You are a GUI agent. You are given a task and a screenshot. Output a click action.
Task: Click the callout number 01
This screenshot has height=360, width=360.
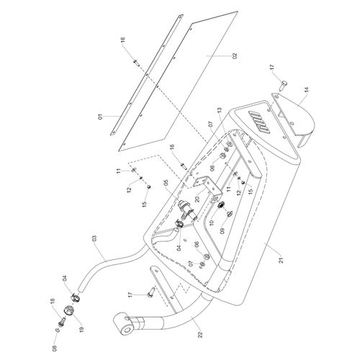101,117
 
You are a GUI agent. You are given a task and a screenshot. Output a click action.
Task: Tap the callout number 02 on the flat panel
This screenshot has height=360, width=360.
235,56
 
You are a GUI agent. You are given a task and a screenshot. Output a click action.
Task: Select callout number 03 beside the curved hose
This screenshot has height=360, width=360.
94,238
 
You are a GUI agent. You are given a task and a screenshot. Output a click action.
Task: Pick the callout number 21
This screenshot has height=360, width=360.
282,260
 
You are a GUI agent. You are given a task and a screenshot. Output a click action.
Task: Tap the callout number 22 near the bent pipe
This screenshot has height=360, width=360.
200,334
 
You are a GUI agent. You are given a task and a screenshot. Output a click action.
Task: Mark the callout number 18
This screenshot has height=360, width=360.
53,300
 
